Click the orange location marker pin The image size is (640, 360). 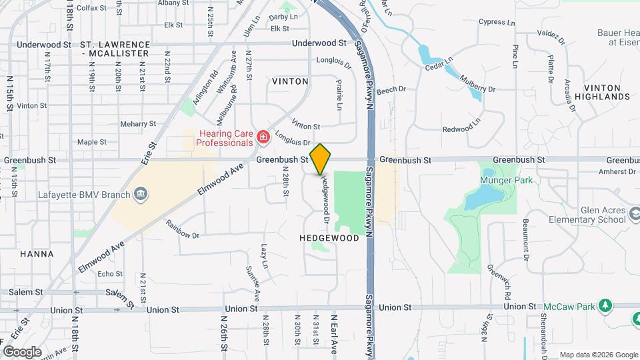pyautogui.click(x=321, y=159)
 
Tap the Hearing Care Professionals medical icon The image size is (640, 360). pyautogui.click(x=263, y=138)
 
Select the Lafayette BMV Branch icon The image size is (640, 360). pyautogui.click(x=141, y=194)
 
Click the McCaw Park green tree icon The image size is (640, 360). pyautogui.click(x=605, y=305)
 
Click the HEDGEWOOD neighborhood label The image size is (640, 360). pyautogui.click(x=329, y=237)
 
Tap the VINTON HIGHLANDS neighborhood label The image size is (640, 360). pyautogui.click(x=607, y=92)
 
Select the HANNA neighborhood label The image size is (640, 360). pyautogui.click(x=37, y=254)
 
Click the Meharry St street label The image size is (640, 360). pyautogui.click(x=138, y=124)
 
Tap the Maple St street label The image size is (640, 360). pyautogui.click(x=92, y=142)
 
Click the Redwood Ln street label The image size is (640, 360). pyautogui.click(x=461, y=128)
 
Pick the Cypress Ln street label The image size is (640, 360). pyautogui.click(x=497, y=22)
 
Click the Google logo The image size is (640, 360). pyautogui.click(x=22, y=351)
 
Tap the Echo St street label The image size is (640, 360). pyautogui.click(x=109, y=274)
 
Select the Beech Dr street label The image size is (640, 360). pyautogui.click(x=391, y=89)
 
